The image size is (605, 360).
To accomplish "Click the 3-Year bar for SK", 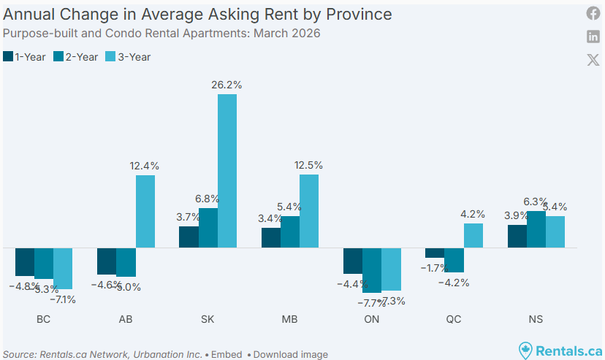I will [227, 171].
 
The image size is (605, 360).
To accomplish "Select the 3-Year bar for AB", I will [145, 211].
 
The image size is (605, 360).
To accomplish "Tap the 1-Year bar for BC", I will [25, 262].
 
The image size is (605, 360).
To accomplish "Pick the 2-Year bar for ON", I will [372, 269].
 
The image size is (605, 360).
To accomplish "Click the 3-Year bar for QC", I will [473, 235].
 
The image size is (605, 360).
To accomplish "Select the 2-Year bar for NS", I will [536, 229].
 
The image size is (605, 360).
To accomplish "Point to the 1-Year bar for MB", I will [271, 238].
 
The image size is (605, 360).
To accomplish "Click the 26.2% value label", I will [227, 85].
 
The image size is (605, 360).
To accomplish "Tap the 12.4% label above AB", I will [145, 166].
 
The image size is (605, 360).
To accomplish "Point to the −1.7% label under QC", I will [434, 268].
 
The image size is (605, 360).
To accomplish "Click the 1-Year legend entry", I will [25, 56].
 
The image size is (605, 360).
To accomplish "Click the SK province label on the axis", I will [208, 319].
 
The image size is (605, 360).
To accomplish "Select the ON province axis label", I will [372, 319].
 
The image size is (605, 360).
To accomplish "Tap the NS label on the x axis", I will [536, 319].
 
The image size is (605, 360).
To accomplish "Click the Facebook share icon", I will [593, 13].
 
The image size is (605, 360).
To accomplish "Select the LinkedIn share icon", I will [593, 37].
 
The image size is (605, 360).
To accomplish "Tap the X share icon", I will [593, 60].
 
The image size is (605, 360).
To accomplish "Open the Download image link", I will [291, 355].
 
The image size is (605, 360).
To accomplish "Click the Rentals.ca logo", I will [560, 351].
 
